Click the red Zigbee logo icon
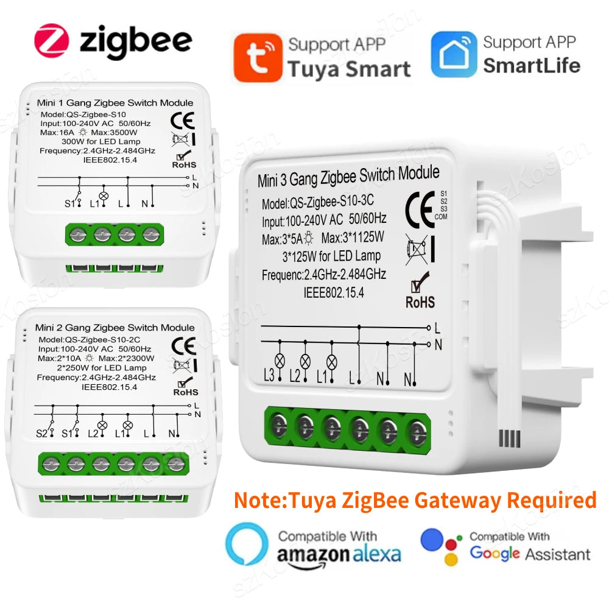tap(52, 41)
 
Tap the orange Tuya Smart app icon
tap(258, 57)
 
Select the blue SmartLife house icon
tap(454, 55)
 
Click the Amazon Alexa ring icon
tap(246, 544)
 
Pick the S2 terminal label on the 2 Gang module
tap(41, 433)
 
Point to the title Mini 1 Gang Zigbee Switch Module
tap(115, 103)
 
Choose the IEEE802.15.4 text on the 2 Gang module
tap(109, 386)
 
